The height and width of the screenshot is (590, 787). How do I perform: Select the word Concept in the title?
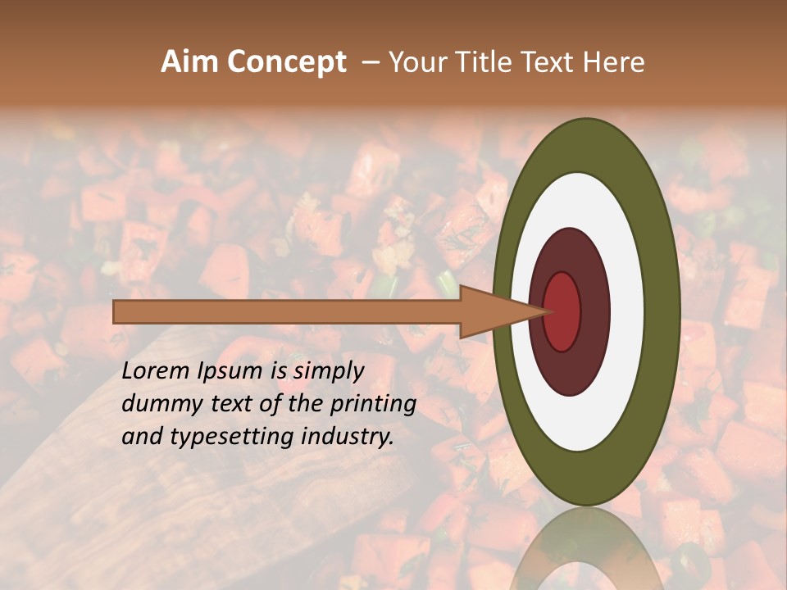(x=286, y=62)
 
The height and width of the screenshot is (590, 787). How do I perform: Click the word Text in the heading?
(x=549, y=62)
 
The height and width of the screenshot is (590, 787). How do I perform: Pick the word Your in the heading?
(x=417, y=62)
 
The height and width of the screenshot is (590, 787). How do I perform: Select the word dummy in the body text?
(x=159, y=404)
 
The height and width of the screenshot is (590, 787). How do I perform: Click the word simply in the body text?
(x=328, y=372)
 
